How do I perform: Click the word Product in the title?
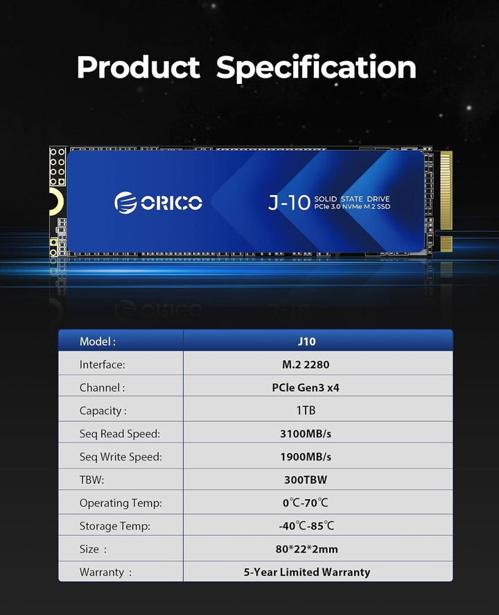[138, 67]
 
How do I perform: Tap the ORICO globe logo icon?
[125, 203]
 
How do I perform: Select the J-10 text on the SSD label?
[289, 203]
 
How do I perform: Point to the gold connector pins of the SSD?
[446, 200]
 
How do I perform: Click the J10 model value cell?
[306, 342]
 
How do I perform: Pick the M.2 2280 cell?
[306, 364]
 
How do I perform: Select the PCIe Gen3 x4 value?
[306, 387]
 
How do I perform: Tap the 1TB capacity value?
[306, 410]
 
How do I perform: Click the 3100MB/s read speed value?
[306, 433]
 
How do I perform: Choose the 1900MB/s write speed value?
[306, 457]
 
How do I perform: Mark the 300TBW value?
[306, 480]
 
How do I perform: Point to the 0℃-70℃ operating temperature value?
[306, 503]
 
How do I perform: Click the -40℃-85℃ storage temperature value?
[306, 525]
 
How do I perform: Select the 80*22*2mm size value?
[307, 549]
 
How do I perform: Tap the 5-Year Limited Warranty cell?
[307, 572]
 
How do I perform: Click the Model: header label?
[98, 342]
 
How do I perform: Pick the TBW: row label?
[91, 480]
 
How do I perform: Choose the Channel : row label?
[103, 387]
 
